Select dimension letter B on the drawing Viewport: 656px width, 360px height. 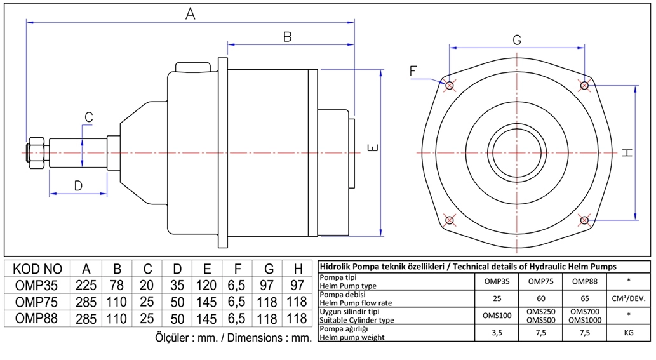(287, 37)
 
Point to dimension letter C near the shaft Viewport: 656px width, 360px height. (89, 117)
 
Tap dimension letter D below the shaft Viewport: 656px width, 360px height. (78, 185)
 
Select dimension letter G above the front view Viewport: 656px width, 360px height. (517, 40)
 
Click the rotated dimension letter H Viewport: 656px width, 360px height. (627, 152)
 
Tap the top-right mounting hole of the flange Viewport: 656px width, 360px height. (584, 85)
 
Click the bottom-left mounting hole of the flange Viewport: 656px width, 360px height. (450, 220)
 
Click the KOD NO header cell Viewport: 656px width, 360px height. (37, 269)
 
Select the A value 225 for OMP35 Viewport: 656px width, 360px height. (86, 284)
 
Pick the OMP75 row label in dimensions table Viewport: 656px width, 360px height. (37, 301)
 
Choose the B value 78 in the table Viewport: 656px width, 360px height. (117, 284)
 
